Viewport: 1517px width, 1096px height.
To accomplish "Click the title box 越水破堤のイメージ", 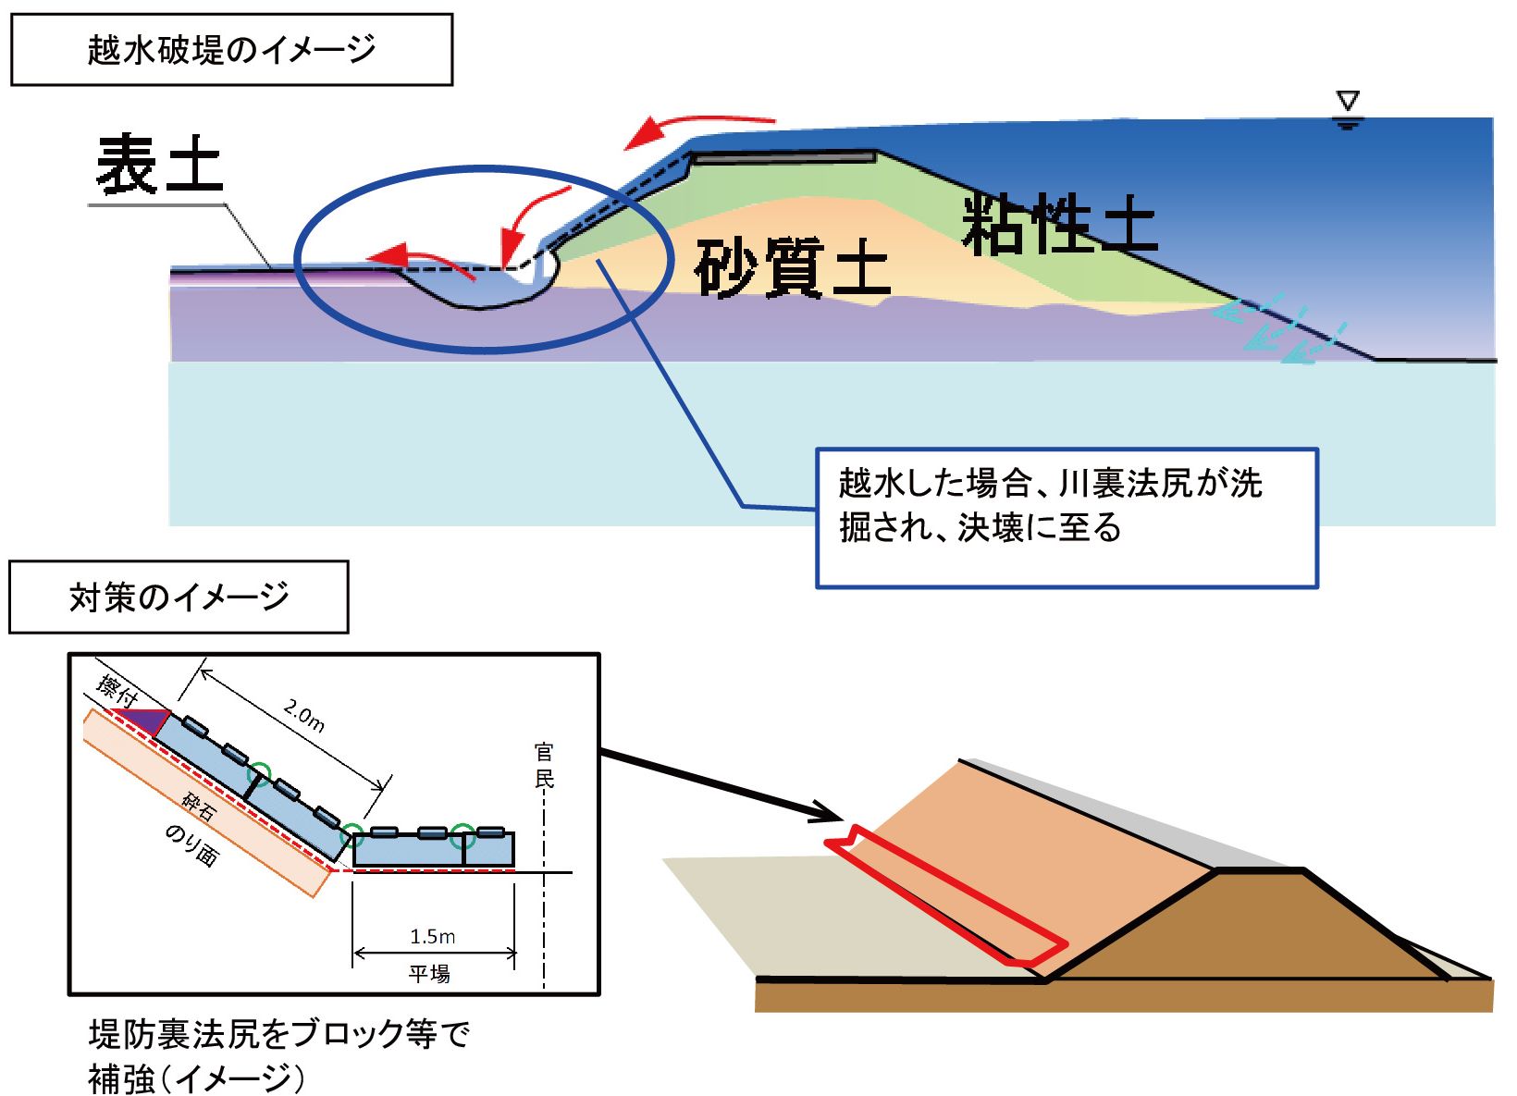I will coord(231,50).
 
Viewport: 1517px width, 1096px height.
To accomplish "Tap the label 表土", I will coord(160,165).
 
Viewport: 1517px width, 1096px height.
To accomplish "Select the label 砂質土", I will coord(792,267).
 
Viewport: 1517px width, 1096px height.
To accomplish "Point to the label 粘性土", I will coord(1059,225).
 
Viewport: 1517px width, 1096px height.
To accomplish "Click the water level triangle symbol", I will coord(1348,102).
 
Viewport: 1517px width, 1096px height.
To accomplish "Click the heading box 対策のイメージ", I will coord(179,597).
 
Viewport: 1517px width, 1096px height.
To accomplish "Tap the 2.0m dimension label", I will coord(304,716).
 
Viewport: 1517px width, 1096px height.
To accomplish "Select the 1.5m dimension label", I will coord(433,936).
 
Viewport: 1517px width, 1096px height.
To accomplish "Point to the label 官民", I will coord(544,766).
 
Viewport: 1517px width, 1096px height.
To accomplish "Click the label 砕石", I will coord(198,807).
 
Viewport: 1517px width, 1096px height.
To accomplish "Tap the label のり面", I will coord(191,844).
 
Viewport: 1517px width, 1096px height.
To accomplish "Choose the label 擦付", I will coord(117,691).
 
